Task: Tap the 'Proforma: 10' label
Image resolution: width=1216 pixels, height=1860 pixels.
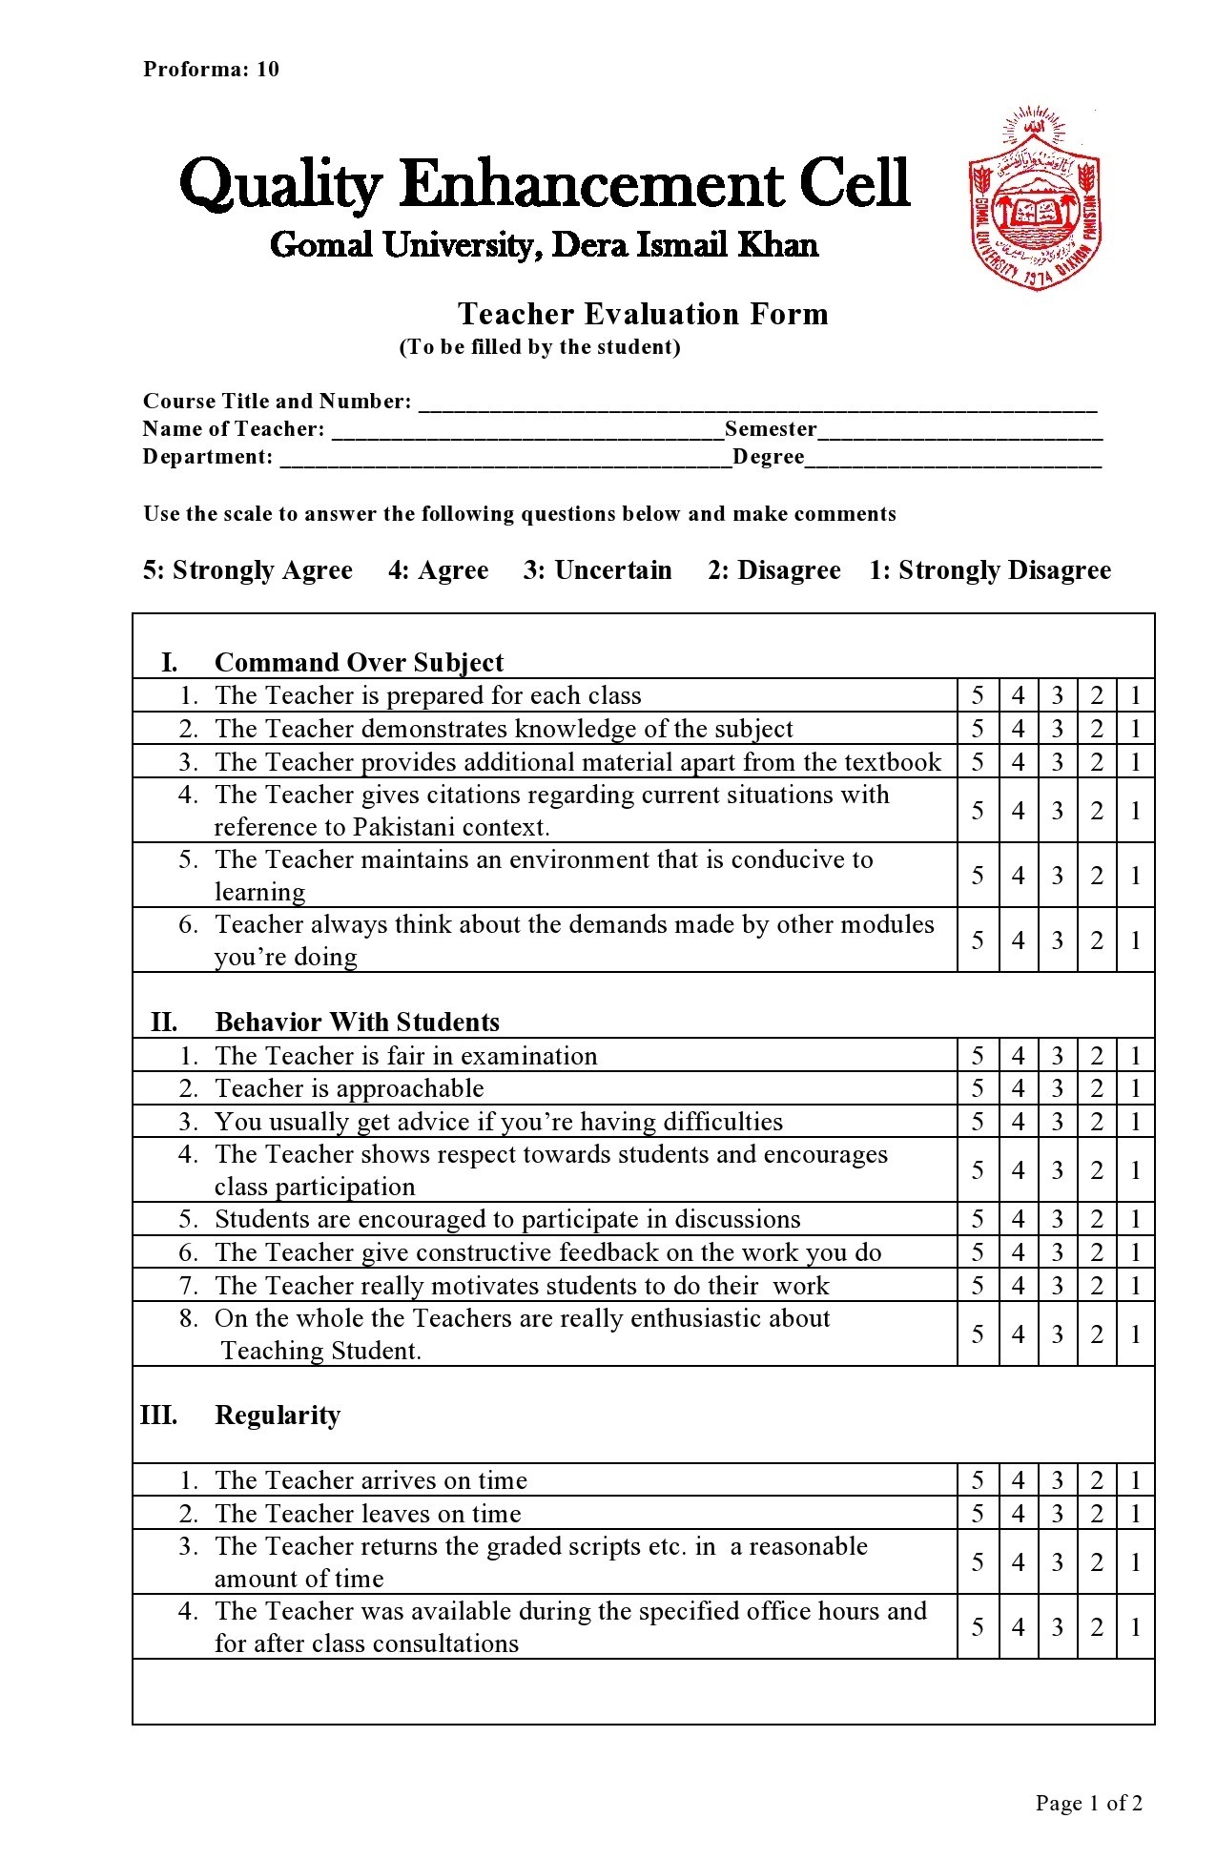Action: (211, 69)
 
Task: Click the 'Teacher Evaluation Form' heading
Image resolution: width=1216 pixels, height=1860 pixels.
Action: (642, 314)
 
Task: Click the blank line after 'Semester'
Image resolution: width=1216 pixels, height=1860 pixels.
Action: (959, 432)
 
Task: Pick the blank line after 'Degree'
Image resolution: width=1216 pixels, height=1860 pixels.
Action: (953, 460)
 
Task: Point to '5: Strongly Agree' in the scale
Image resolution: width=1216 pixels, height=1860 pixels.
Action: (248, 570)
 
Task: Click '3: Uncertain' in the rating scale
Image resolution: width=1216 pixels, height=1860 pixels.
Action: (597, 570)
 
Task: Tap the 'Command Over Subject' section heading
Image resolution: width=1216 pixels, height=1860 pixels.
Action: (359, 662)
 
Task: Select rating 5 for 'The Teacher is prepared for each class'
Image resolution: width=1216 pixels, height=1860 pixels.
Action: (978, 695)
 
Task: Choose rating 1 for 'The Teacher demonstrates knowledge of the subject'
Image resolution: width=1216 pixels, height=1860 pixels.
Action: (1135, 729)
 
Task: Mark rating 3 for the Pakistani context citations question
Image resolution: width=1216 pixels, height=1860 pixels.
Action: (1057, 811)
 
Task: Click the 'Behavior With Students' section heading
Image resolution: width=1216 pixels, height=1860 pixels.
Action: (357, 1022)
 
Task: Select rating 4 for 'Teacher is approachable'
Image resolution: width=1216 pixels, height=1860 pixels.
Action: (1018, 1088)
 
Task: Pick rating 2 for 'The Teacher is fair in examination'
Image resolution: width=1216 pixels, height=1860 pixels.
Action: (1097, 1056)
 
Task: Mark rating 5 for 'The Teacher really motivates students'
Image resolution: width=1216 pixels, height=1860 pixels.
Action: (978, 1286)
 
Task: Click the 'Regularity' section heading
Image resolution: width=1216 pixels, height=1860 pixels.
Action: (277, 1415)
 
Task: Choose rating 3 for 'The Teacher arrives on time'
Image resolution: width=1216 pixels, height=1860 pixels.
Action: (1057, 1480)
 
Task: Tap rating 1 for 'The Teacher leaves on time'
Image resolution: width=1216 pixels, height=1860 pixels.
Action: (1135, 1514)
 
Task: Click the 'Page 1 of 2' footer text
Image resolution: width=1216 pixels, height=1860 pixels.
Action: (1088, 1803)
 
